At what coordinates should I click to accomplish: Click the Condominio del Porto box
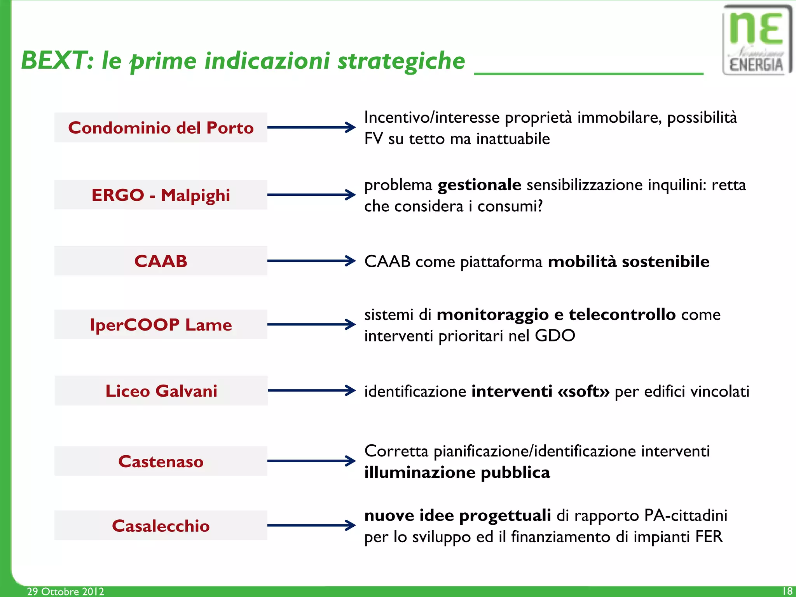(161, 127)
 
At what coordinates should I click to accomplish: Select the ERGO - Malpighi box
(161, 195)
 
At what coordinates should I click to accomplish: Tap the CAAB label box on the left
(161, 261)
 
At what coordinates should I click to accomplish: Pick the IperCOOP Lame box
(161, 324)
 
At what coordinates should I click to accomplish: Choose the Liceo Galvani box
(161, 391)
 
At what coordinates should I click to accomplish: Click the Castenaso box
(161, 461)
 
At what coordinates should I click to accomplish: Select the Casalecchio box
(161, 526)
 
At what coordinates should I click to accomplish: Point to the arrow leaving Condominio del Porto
(311, 127)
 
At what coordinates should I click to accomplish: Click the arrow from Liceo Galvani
(311, 390)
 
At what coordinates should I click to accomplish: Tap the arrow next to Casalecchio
(311, 525)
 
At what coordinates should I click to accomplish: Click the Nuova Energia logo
(756, 40)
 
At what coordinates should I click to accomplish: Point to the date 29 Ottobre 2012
(65, 591)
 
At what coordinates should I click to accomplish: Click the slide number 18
(787, 591)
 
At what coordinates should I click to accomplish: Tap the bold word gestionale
(479, 185)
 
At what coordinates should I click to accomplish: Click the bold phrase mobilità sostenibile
(628, 261)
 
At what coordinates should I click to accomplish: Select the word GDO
(555, 336)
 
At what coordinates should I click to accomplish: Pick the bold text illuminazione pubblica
(457, 473)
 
